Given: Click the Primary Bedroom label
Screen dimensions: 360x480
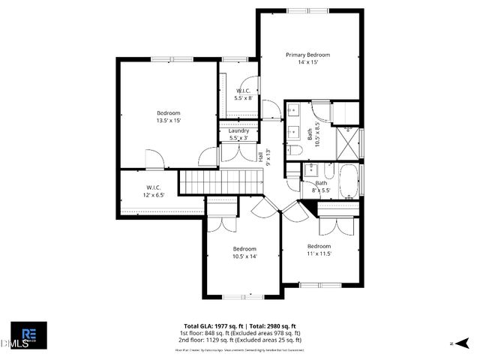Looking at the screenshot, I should [308, 55].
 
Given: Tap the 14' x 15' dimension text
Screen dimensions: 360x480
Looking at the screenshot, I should [308, 62].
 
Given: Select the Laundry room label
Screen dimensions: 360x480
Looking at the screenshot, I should [238, 130].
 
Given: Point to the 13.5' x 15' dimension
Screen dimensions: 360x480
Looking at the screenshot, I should [168, 120].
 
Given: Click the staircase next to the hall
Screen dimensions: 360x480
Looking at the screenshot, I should [221, 181].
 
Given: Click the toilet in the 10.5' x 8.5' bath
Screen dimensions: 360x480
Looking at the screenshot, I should [295, 151].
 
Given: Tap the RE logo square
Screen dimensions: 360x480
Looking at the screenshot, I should [28, 334].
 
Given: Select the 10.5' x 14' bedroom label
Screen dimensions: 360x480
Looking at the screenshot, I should [244, 253].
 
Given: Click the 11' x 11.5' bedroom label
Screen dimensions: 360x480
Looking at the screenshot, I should [318, 250].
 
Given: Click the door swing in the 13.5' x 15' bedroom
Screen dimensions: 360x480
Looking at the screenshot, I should [154, 159].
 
